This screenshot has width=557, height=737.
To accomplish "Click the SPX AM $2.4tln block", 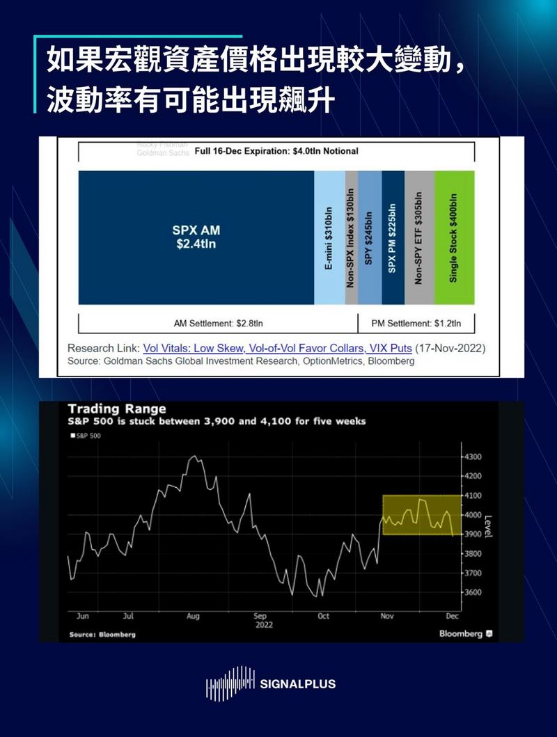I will (196, 237).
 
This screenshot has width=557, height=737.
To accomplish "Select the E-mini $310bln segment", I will (329, 237).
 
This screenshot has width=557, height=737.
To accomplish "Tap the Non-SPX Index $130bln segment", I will (351, 237).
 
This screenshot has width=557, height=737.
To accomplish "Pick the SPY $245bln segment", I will (370, 237).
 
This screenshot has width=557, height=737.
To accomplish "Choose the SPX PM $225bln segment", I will (393, 237).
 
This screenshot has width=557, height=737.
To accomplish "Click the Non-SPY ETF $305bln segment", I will (419, 237).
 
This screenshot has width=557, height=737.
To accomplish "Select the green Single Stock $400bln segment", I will (454, 237).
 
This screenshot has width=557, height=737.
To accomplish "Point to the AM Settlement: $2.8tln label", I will (217, 323).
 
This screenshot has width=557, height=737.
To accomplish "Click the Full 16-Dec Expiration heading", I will (276, 151).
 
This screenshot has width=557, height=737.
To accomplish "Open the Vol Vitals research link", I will (277, 348).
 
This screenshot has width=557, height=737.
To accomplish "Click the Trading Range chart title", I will (116, 409).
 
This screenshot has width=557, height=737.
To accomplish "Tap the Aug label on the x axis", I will (193, 616).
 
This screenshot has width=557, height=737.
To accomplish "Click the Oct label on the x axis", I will (323, 616).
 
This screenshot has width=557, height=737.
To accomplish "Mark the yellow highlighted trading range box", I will (421, 515).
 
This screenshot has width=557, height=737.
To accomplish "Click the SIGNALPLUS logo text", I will (297, 684).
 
